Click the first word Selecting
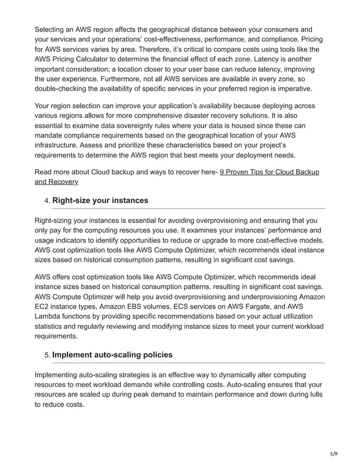[52, 29]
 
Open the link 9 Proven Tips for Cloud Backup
[269, 172]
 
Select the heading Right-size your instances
[100, 200]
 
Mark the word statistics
[52, 328]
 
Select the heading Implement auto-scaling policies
[112, 355]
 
